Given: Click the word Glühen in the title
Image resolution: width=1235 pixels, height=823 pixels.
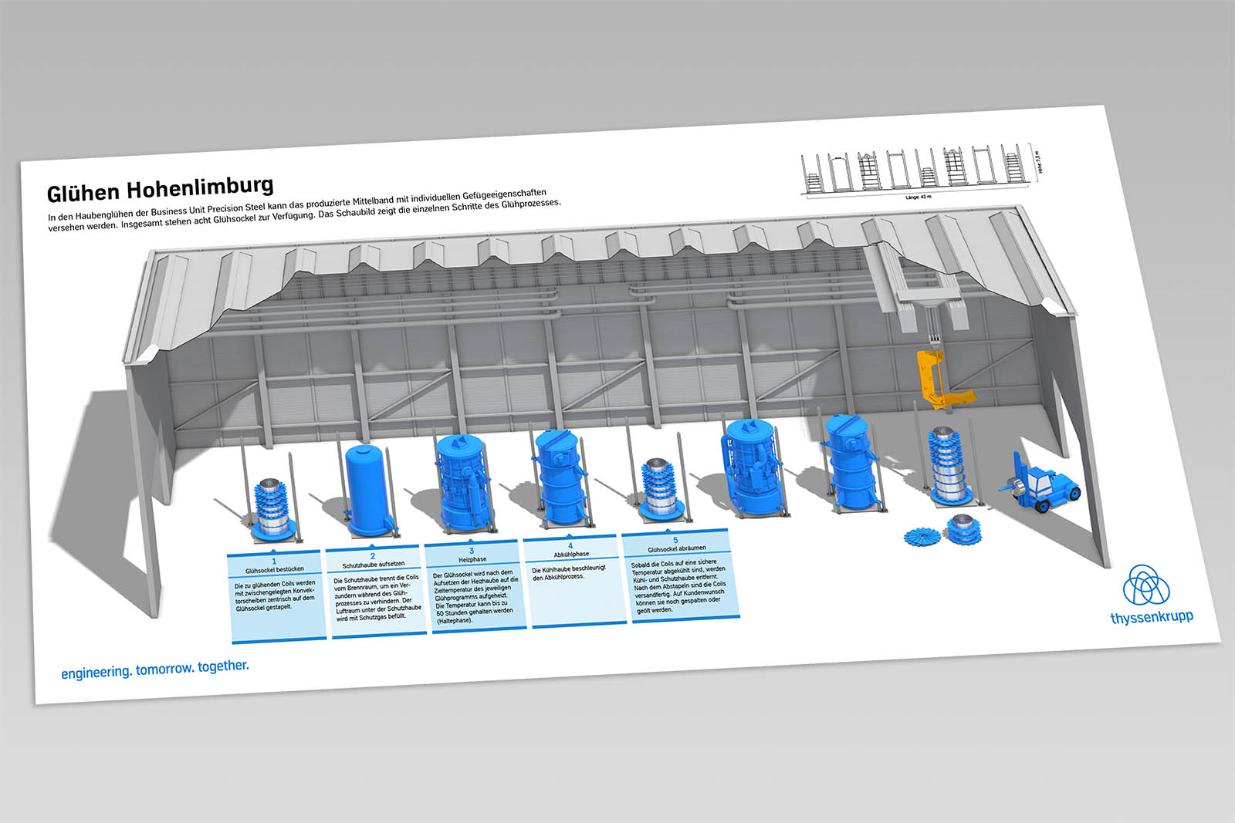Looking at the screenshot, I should pos(82,192).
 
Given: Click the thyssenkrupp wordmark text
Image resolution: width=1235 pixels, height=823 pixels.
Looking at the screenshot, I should pos(1151,617).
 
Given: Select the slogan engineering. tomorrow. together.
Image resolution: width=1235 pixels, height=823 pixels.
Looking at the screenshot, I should pos(155,669).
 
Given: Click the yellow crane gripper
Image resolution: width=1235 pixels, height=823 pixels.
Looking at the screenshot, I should pos(941,379).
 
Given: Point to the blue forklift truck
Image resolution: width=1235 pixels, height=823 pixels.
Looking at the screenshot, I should pos(1042,484).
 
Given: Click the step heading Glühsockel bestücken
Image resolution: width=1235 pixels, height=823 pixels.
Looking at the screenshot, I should pos(274,570).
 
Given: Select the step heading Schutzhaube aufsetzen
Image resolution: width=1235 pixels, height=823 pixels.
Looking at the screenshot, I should pos(373,565).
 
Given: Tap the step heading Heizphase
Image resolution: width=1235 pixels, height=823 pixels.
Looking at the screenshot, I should pos(472,559).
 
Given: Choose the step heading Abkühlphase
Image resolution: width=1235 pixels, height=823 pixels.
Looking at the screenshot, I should pos(571,554).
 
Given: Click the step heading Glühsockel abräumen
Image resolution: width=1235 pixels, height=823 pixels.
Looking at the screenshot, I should pos(676,548).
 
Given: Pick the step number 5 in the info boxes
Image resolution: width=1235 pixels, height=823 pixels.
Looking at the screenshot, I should pos(675,540).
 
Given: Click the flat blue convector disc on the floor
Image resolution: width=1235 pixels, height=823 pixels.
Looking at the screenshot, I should pos(924,535).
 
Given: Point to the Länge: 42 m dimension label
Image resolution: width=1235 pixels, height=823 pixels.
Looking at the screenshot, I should pos(918,197).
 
